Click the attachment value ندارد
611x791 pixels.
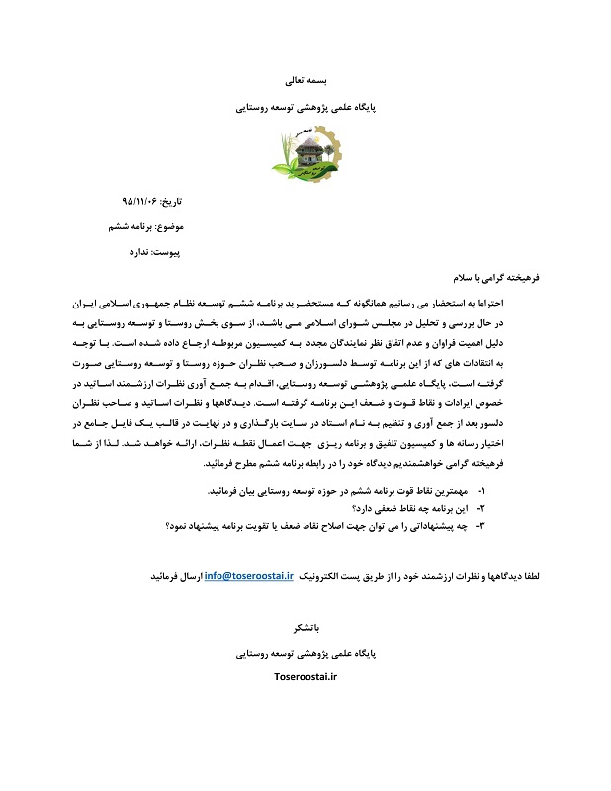click(x=138, y=252)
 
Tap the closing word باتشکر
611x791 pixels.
click(x=305, y=627)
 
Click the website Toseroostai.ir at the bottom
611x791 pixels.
click(x=305, y=677)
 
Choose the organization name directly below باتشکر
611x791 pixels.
click(x=305, y=653)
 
